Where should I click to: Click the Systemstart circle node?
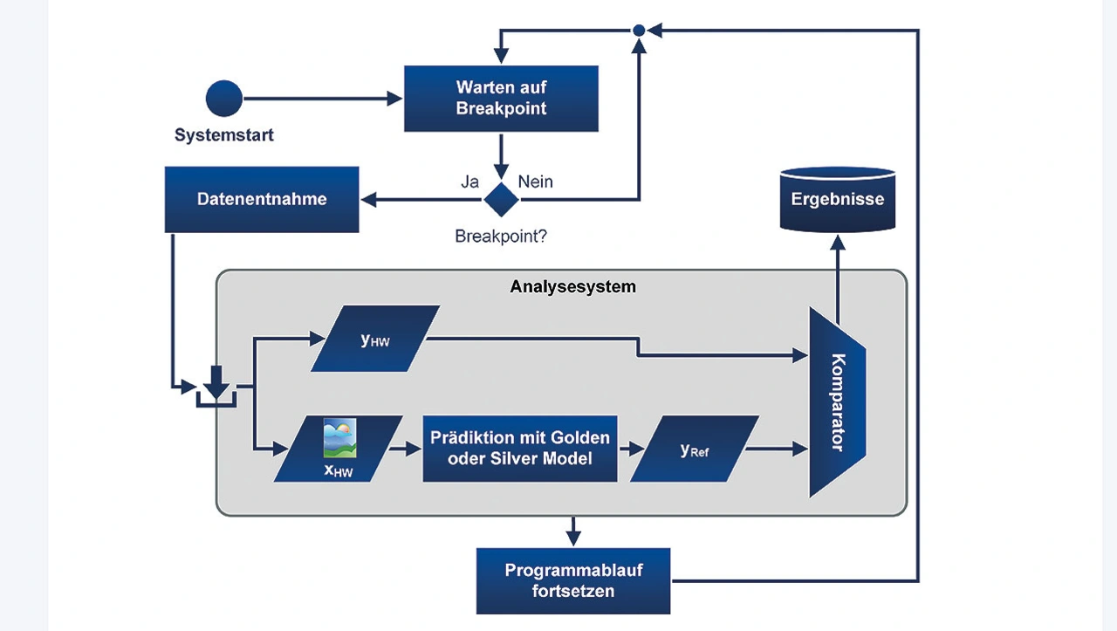(x=224, y=99)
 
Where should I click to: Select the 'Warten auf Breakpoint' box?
(x=501, y=99)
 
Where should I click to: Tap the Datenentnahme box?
(x=262, y=199)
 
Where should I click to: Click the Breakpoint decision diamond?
(x=501, y=199)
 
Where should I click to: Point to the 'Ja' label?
(x=470, y=182)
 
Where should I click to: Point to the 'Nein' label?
(x=536, y=182)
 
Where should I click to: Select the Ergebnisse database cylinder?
(x=837, y=199)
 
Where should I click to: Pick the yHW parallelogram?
(x=375, y=338)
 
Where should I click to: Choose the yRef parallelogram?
(x=694, y=449)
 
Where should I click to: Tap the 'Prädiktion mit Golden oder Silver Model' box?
(x=519, y=449)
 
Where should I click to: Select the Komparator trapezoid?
(x=836, y=401)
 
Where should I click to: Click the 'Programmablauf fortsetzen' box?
(x=572, y=580)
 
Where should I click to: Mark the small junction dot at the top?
(x=639, y=31)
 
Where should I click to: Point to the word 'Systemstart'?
(x=224, y=135)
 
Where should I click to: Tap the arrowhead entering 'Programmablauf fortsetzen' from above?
(x=572, y=538)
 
